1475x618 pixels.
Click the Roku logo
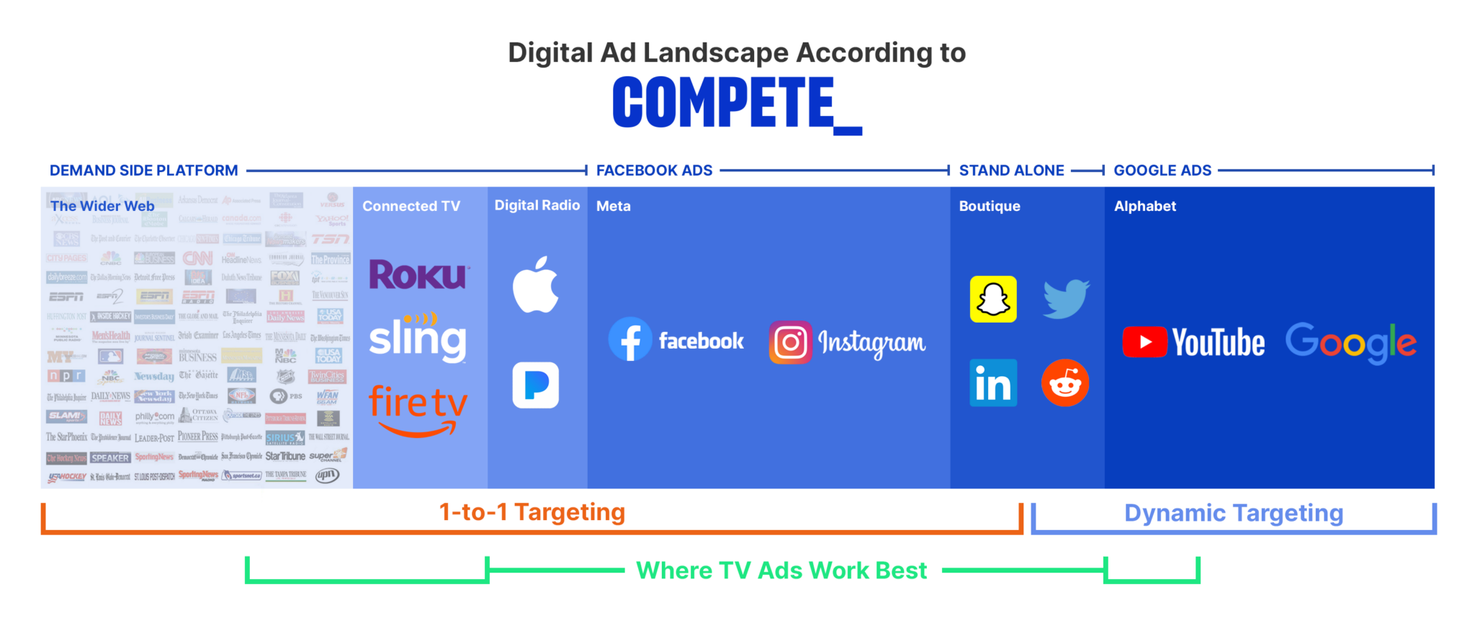[x=418, y=274]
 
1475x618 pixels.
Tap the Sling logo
[x=418, y=339]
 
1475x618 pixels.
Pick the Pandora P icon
[x=535, y=385]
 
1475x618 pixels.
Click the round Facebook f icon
[x=630, y=339]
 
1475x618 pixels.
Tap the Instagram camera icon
[x=790, y=342]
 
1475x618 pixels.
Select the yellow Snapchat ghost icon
[x=993, y=299]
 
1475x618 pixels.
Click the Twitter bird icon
[x=1066, y=298]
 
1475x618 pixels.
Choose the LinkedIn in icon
[x=993, y=382]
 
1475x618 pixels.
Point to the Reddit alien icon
[x=1064, y=382]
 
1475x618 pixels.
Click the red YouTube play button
[x=1144, y=342]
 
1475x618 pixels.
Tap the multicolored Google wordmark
[x=1350, y=342]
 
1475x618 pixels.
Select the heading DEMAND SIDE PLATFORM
[x=143, y=171]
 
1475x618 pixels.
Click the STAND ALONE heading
[x=1011, y=171]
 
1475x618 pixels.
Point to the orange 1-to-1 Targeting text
[x=532, y=512]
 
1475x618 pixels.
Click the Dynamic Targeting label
[x=1233, y=513]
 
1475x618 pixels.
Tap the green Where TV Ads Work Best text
[x=781, y=570]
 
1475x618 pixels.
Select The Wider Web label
[x=102, y=206]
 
